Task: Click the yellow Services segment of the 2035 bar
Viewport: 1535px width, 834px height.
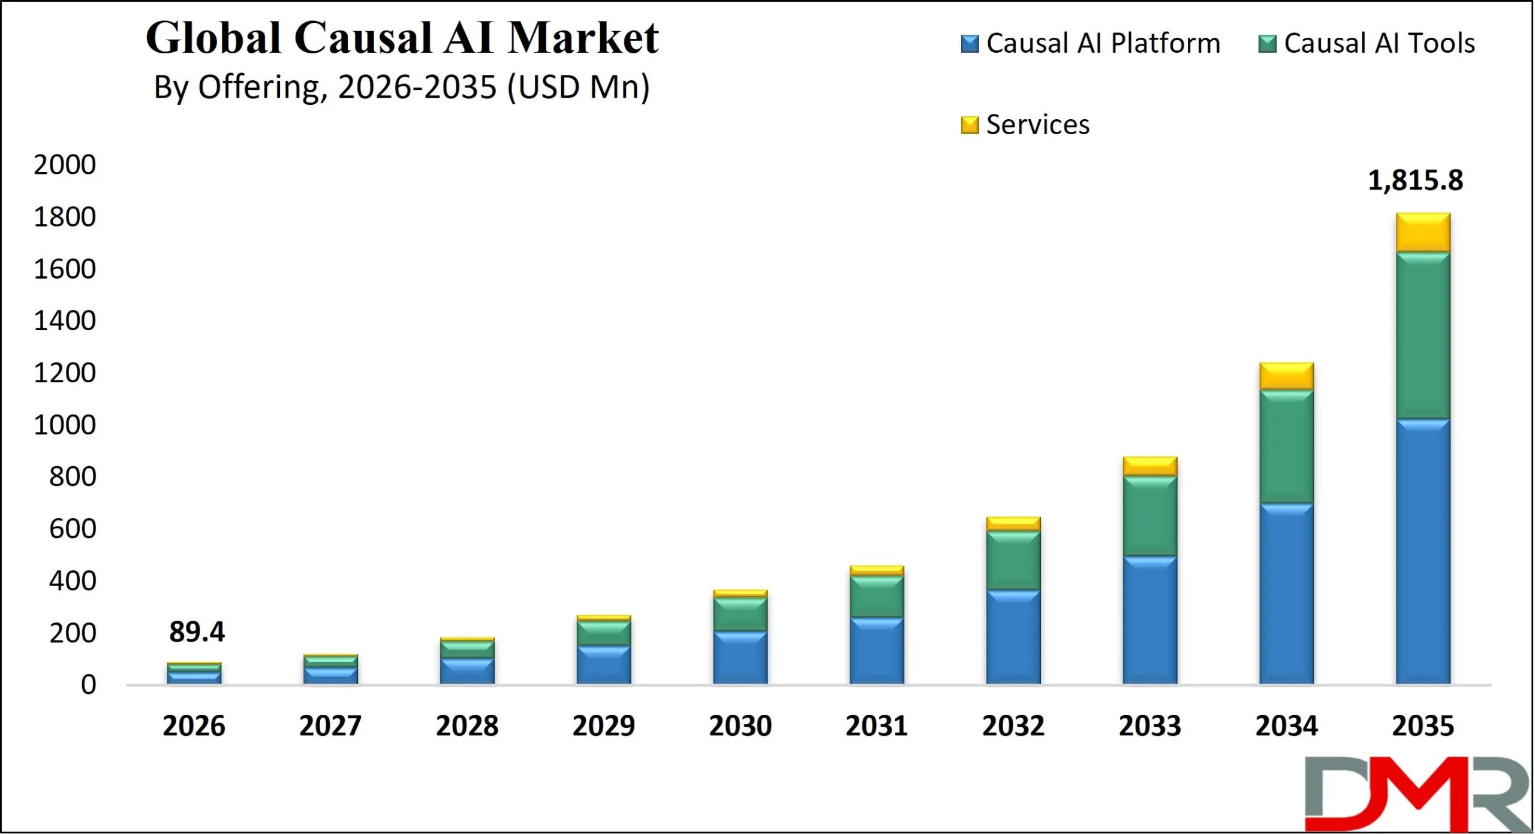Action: pos(1423,232)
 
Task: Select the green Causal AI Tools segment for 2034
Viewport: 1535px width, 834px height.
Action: pos(1286,446)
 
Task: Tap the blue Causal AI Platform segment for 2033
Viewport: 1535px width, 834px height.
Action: pos(1149,620)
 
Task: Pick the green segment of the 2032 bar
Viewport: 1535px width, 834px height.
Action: pos(1013,560)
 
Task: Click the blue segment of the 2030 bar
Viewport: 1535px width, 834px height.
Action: pos(740,657)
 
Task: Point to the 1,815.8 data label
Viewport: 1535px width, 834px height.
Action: pos(1415,180)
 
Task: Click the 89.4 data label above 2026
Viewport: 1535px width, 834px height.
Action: pos(197,631)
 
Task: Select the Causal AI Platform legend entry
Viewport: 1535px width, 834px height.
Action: pos(1091,43)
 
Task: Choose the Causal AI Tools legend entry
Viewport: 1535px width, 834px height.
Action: pos(1367,43)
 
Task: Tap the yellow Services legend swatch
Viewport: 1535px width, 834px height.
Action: pos(970,125)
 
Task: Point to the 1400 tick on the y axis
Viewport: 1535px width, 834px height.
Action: pos(65,321)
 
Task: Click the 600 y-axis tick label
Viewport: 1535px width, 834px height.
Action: pos(73,529)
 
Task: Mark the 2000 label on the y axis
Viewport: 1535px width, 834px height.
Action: pos(65,165)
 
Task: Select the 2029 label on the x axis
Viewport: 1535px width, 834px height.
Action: pos(603,726)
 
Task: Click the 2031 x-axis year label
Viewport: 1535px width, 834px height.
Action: pos(877,726)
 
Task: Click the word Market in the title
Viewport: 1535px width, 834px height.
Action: pos(583,38)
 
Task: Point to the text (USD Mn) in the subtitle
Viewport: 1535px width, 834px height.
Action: pos(578,87)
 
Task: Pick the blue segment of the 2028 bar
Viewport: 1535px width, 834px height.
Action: pos(467,671)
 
